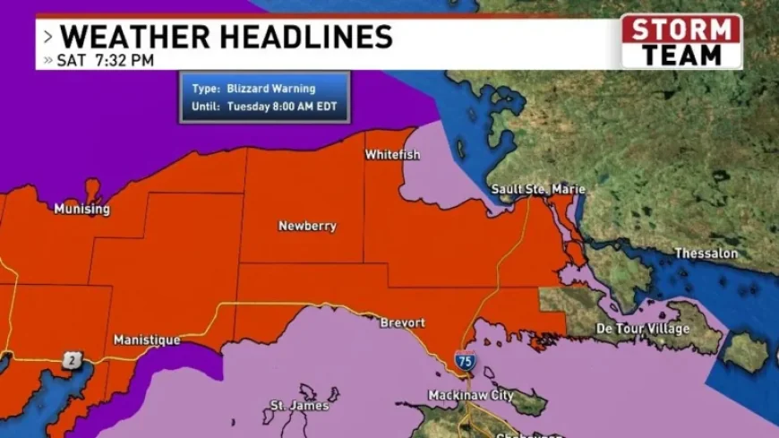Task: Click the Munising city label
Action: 81,210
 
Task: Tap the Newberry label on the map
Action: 307,227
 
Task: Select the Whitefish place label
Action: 392,155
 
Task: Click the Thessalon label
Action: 706,253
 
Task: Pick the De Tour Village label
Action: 642,329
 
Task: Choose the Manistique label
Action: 147,340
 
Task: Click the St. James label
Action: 299,406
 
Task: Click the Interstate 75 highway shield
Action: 463,362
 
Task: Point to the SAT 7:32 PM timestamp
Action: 106,61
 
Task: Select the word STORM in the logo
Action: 682,30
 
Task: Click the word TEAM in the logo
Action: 682,54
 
